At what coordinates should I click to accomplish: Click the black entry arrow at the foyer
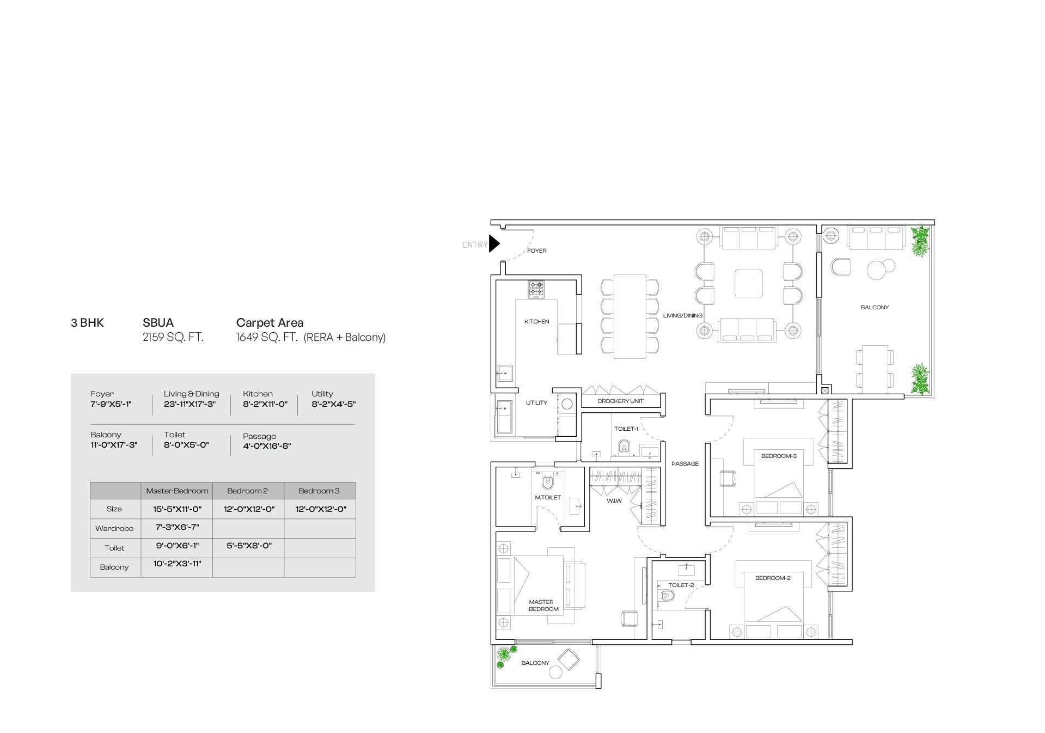[493, 243]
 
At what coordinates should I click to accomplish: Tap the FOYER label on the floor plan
[536, 251]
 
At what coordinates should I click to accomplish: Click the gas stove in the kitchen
[536, 289]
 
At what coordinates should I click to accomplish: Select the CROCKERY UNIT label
[620, 401]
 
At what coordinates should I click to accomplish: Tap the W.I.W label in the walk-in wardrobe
[614, 500]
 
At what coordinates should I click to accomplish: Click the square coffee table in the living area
[749, 283]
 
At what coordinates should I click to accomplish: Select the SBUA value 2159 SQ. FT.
[173, 337]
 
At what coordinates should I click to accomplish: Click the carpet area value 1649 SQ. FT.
[266, 337]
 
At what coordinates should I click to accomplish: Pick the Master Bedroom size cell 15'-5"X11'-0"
[177, 509]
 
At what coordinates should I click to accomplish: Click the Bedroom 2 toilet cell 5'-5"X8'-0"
[248, 545]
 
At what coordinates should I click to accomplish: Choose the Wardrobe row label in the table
[114, 528]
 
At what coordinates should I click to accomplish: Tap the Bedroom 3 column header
[319, 491]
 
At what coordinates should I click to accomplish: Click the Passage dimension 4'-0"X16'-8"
[267, 446]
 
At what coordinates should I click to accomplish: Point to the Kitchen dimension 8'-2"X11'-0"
[265, 404]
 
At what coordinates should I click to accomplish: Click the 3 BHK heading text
[87, 323]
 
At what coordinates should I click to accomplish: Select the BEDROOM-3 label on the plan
[778, 456]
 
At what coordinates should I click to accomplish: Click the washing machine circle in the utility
[567, 404]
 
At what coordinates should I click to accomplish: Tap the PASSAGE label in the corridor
[685, 463]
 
